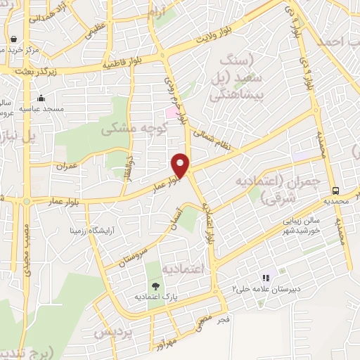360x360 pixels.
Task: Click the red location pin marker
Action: pyautogui.click(x=181, y=165)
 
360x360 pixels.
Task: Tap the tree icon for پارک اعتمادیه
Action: pyautogui.click(x=155, y=286)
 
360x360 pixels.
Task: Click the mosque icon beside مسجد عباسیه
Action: pyautogui.click(x=41, y=98)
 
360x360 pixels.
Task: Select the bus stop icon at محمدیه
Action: pyautogui.click(x=337, y=191)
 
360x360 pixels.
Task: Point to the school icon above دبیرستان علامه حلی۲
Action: pyautogui.click(x=265, y=278)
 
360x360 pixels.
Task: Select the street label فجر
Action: pyautogui.click(x=224, y=320)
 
